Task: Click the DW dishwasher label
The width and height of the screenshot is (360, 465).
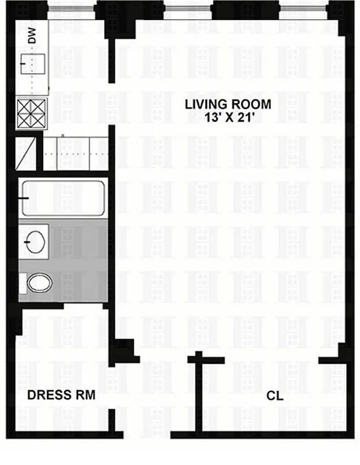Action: coord(33,37)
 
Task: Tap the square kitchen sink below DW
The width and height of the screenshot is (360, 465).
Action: coord(33,63)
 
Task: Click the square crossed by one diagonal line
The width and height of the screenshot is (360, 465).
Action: coord(27,152)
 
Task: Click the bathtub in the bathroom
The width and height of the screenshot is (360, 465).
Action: coord(62,198)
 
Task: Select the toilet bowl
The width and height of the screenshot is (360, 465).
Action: coord(40,283)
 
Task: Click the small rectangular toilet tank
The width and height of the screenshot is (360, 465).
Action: coord(22,283)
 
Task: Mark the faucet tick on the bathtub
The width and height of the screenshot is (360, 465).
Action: coord(24,198)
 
